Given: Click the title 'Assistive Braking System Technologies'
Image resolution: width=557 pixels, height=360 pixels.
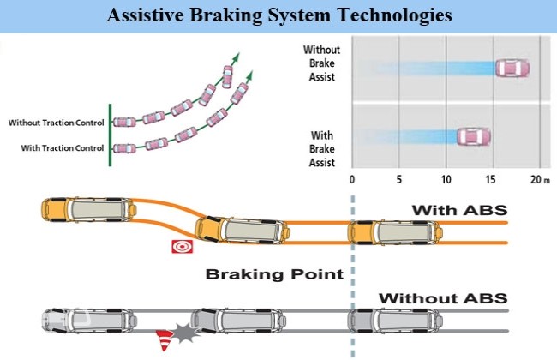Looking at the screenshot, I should click(x=278, y=15).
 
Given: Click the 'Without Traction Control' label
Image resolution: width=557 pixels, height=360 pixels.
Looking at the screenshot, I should click(x=56, y=123).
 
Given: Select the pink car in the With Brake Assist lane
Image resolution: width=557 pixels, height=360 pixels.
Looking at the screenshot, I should click(x=472, y=137).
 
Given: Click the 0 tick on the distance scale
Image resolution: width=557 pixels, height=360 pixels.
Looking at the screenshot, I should click(x=352, y=181).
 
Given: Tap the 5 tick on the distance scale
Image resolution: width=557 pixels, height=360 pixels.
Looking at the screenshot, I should click(x=399, y=181).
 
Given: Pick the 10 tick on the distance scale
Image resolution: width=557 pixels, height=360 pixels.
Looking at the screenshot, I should click(x=446, y=181).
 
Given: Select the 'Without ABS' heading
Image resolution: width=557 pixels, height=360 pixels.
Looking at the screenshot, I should click(x=443, y=298).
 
